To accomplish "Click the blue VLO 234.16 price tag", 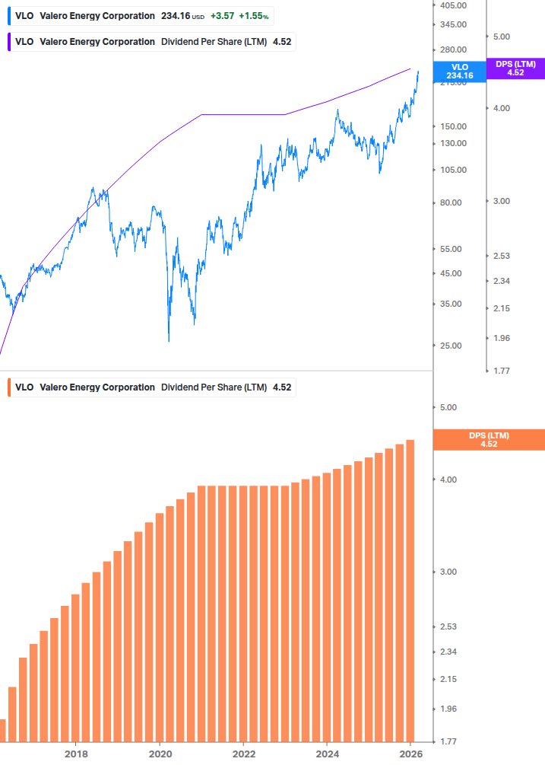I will pos(459,72).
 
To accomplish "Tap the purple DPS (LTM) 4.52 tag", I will pos(515,69).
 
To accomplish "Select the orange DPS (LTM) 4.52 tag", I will pos(488,439).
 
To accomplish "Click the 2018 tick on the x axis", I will pos(76,754).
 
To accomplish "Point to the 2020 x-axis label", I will pos(160,754).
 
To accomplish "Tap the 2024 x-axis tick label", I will pos(327,754).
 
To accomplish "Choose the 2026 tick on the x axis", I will pos(410,754).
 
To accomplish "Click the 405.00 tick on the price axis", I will pos(453,5).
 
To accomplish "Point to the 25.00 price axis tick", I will pos(451,346).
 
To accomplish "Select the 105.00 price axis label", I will pos(453,170).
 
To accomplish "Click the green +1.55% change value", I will pos(254,16).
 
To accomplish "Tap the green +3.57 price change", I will pos(223,16).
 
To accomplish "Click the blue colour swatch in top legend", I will pos(9,16).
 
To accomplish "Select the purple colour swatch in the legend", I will pos(9,42).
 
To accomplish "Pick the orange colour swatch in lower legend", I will pos(9,387).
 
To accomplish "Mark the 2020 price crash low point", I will pos(169,340).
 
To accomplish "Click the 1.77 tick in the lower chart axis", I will pos(448,741).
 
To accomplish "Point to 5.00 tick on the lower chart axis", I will pos(448,407).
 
